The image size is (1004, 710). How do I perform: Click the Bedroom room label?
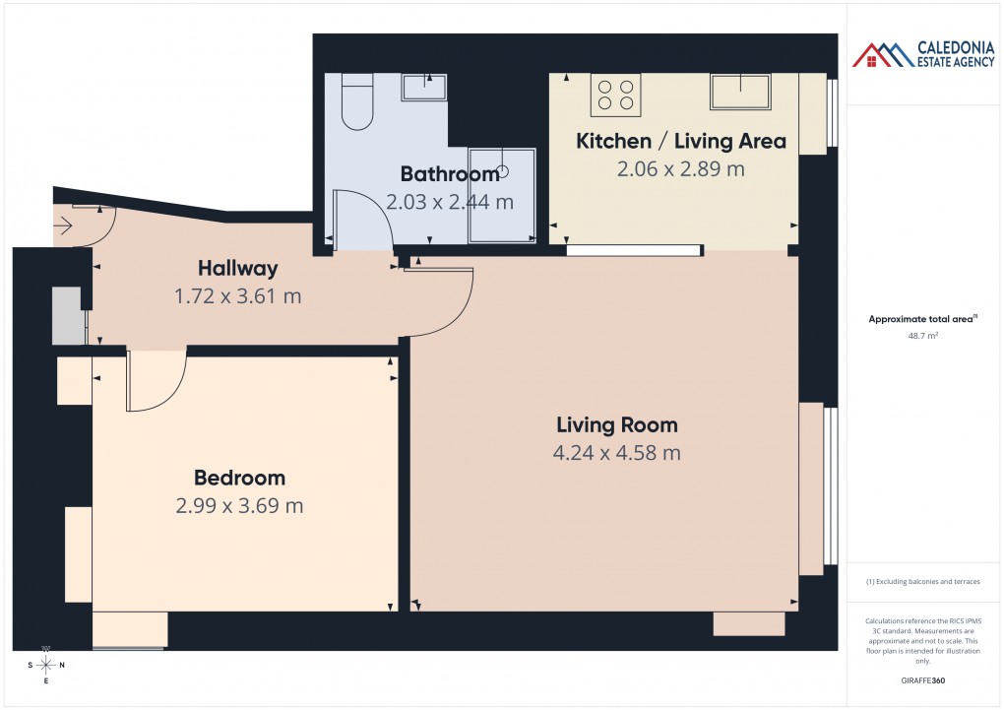pyautogui.click(x=239, y=478)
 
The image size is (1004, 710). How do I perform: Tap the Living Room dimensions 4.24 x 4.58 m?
pyautogui.click(x=617, y=453)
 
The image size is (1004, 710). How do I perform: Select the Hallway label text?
pyautogui.click(x=237, y=268)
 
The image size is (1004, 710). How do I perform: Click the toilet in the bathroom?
pyautogui.click(x=357, y=102)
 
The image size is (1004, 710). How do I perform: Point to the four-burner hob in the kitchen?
pyautogui.click(x=615, y=95)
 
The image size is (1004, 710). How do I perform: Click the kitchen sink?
pyautogui.click(x=741, y=91)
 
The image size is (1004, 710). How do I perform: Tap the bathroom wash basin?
pyautogui.click(x=424, y=87)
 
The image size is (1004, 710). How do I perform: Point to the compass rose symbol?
pyautogui.click(x=46, y=665)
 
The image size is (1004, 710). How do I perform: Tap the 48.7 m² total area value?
pyautogui.click(x=922, y=336)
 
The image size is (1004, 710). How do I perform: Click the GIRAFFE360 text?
pyautogui.click(x=922, y=680)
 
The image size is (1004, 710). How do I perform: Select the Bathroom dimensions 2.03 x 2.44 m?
pyautogui.click(x=450, y=203)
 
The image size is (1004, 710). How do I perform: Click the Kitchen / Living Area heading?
pyautogui.click(x=681, y=141)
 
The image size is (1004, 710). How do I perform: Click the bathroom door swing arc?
pyautogui.click(x=359, y=217)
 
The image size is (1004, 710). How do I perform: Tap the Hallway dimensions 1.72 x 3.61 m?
pyautogui.click(x=237, y=295)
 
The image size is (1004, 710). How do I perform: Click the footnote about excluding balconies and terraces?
pyautogui.click(x=922, y=582)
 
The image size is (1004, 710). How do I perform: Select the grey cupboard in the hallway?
pyautogui.click(x=66, y=315)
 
